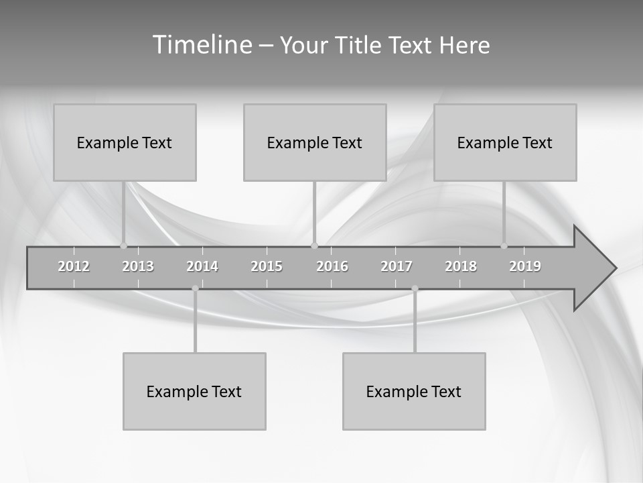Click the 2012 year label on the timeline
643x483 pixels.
tap(74, 266)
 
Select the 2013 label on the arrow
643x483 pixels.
tap(138, 266)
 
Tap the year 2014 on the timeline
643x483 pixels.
tap(202, 266)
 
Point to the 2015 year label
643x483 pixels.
tap(267, 266)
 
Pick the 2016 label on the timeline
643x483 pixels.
tap(332, 266)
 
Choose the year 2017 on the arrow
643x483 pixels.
tap(397, 266)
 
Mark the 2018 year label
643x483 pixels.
tap(461, 266)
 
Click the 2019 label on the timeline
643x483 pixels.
tap(525, 266)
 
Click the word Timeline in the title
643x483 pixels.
tap(201, 45)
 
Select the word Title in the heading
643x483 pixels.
tap(359, 46)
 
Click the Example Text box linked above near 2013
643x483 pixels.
tap(125, 142)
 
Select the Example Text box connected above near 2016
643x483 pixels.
tap(315, 142)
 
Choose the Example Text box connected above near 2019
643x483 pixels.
tap(505, 142)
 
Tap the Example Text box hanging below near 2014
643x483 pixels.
tap(194, 391)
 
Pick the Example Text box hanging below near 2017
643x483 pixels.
tap(414, 391)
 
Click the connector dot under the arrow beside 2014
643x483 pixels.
tap(195, 288)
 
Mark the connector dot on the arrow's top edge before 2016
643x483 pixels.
tap(314, 246)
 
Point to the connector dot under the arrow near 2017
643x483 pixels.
tap(415, 288)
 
